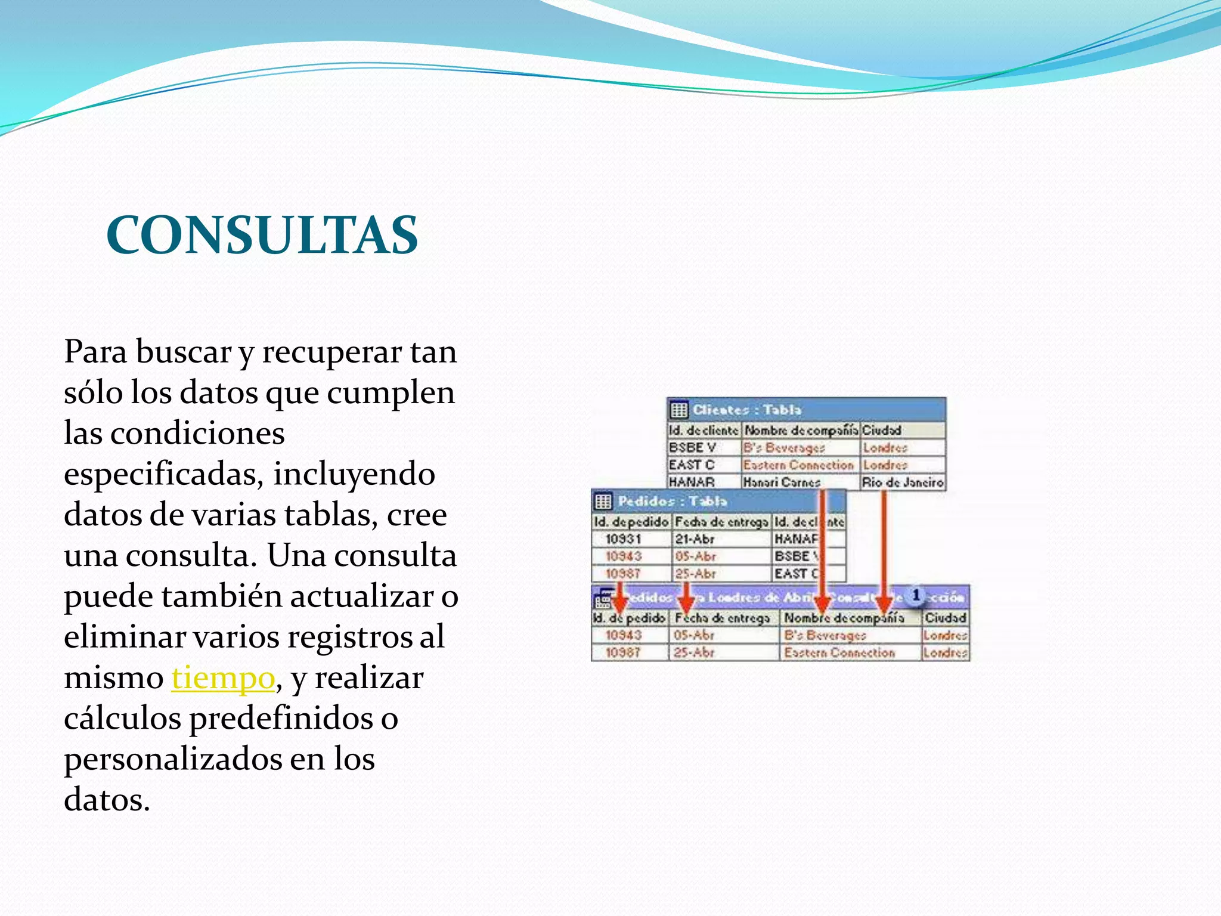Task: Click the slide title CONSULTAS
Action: click(262, 235)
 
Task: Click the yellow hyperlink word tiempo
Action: click(223, 678)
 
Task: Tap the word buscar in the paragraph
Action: click(183, 352)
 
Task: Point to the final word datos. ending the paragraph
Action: click(107, 799)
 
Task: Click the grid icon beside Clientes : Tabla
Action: click(678, 410)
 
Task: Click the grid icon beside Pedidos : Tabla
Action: click(603, 501)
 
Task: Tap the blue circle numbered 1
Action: click(916, 595)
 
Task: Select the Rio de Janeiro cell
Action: click(903, 482)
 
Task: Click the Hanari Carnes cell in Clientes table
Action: click(781, 482)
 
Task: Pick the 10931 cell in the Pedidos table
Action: click(624, 539)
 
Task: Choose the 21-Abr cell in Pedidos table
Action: click(695, 539)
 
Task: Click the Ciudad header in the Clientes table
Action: click(882, 430)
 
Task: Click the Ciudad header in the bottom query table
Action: click(945, 618)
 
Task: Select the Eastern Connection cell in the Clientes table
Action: click(798, 465)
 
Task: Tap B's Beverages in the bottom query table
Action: click(825, 636)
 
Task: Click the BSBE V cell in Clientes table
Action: click(692, 447)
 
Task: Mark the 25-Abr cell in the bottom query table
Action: click(694, 653)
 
